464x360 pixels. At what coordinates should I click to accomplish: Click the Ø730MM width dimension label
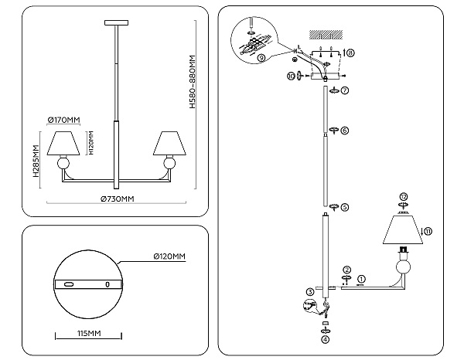[118, 199]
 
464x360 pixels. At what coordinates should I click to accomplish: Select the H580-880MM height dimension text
[193, 82]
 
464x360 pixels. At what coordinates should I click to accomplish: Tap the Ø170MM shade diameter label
[63, 120]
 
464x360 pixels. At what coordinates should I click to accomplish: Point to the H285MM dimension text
[36, 161]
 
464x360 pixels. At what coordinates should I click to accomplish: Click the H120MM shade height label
[91, 143]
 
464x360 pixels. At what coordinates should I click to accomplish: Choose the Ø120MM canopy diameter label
[169, 256]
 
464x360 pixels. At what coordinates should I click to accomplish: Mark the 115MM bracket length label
[89, 334]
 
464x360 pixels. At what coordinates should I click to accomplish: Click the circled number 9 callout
[261, 58]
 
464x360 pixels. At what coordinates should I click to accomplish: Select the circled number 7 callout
[345, 90]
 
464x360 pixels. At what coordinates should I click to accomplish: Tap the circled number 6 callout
[345, 130]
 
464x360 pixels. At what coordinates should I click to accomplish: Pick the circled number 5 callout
[345, 207]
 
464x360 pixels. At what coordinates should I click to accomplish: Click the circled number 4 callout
[326, 340]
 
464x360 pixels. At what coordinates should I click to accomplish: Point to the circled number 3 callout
[310, 292]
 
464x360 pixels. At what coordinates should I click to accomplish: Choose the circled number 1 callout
[361, 279]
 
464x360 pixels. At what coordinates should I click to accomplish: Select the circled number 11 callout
[428, 231]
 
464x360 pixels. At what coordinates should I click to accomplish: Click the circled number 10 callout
[291, 76]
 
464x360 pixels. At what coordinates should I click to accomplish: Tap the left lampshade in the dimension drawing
[63, 143]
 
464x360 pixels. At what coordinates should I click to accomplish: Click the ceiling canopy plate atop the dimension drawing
[117, 22]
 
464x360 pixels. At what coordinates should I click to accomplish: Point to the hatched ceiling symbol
[326, 35]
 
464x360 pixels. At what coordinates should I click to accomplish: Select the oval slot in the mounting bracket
[69, 284]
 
